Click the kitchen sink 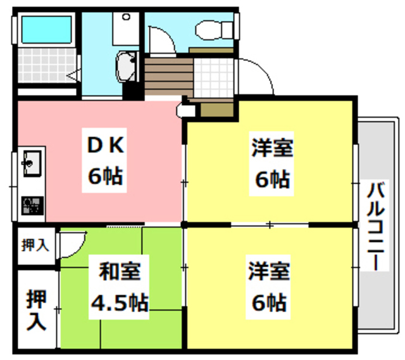[x=30, y=162]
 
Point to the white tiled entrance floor [x=215, y=77]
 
